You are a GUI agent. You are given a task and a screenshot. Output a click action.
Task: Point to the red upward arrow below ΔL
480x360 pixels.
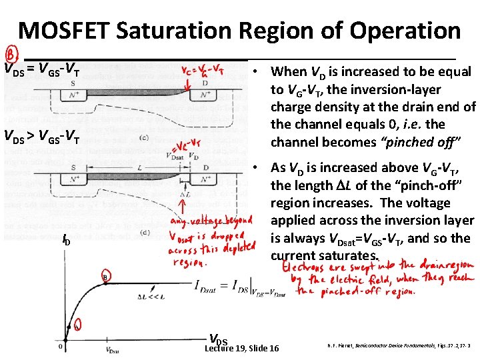pyautogui.click(x=181, y=203)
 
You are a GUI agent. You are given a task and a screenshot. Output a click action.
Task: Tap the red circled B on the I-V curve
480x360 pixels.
pyautogui.click(x=105, y=276)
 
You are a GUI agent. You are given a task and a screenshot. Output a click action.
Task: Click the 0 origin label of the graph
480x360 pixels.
pyautogui.click(x=61, y=347)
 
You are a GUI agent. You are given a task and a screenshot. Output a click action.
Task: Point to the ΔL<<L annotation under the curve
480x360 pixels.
pyautogui.click(x=151, y=295)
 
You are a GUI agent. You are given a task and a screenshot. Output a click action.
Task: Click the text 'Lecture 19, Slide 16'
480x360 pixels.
pyautogui.click(x=242, y=349)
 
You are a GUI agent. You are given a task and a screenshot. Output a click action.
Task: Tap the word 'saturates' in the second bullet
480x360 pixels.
pyautogui.click(x=353, y=255)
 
